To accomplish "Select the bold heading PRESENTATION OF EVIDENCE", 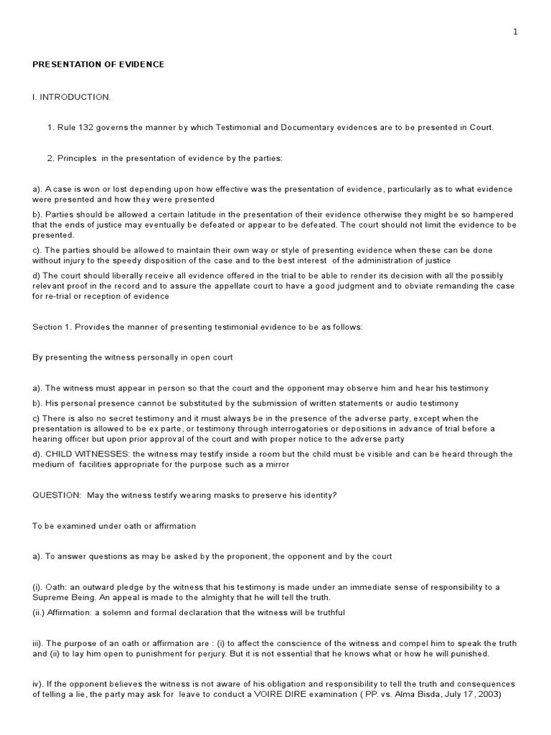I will coord(98,65).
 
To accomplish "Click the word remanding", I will coord(454,286).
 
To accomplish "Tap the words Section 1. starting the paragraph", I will coord(52,327).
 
